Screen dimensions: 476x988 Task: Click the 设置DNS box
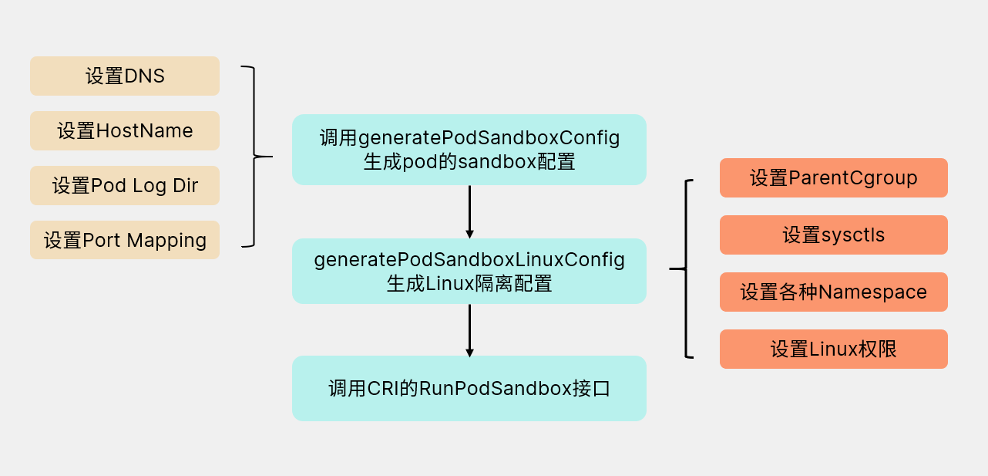click(125, 76)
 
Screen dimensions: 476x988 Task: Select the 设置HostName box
click(125, 130)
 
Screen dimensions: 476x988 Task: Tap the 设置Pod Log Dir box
click(125, 185)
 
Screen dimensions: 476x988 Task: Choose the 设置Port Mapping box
click(125, 240)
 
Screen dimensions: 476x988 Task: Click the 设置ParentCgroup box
click(833, 177)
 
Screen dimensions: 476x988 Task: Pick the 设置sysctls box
click(833, 235)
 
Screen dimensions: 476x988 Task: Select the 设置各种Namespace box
click(833, 292)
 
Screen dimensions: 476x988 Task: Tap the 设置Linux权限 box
click(833, 349)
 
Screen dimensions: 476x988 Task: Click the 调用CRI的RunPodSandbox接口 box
click(469, 388)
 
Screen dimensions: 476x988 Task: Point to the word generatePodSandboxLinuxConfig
click(469, 260)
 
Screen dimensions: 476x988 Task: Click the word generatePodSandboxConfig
click(489, 138)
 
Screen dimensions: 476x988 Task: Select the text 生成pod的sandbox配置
click(469, 162)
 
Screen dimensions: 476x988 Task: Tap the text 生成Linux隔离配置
click(469, 283)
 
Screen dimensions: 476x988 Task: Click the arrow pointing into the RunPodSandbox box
click(469, 329)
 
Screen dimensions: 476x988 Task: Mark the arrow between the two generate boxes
click(469, 211)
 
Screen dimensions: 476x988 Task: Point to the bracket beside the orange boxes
click(685, 268)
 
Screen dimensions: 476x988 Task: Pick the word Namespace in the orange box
click(872, 292)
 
